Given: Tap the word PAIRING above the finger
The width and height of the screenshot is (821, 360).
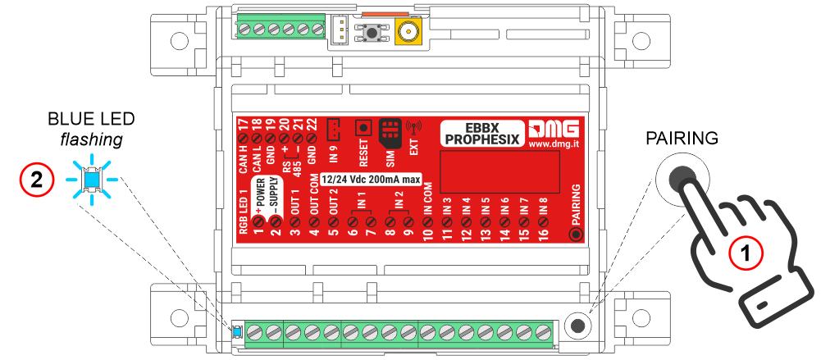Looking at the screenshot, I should point(682,138).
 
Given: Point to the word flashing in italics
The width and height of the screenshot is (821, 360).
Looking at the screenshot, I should point(92,140).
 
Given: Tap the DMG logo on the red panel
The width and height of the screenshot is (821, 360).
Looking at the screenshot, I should point(554,128).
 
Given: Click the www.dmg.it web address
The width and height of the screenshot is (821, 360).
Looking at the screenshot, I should point(554,144).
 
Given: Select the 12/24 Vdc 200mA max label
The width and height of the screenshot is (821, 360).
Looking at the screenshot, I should point(371,179).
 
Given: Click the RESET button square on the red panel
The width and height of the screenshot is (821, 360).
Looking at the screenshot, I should point(363,128).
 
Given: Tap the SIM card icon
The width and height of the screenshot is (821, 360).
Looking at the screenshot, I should point(391,130).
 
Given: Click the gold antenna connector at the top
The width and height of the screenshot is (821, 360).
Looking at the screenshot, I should point(405,33).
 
